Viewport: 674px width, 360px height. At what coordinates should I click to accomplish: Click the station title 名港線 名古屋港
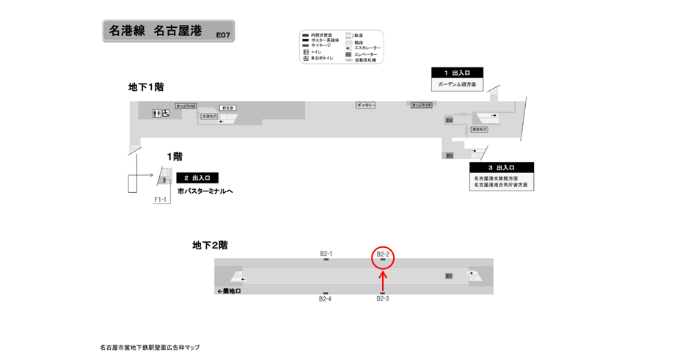pyautogui.click(x=155, y=32)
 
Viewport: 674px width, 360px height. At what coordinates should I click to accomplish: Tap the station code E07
pyautogui.click(x=222, y=34)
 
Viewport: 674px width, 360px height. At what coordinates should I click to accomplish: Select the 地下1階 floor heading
pyautogui.click(x=146, y=87)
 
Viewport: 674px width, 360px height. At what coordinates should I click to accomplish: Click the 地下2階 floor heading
pyautogui.click(x=210, y=245)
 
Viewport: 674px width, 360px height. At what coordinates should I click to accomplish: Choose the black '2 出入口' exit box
pyautogui.click(x=197, y=178)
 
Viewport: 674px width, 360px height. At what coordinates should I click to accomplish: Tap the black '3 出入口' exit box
pyautogui.click(x=501, y=168)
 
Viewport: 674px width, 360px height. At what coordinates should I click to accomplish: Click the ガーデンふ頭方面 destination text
pyautogui.click(x=456, y=85)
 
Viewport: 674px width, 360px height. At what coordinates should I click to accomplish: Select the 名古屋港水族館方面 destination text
pyautogui.click(x=495, y=178)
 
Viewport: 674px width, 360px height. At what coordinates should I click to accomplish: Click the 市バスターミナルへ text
pyautogui.click(x=205, y=191)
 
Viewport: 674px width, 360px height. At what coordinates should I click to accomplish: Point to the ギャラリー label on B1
pyautogui.click(x=365, y=106)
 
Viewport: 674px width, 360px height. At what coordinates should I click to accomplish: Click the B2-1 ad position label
pyautogui.click(x=326, y=253)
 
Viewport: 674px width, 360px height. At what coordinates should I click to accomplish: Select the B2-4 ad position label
pyautogui.click(x=326, y=298)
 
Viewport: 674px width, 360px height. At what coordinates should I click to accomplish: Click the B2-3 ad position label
pyautogui.click(x=383, y=298)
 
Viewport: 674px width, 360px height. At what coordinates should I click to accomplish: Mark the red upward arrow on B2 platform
pyautogui.click(x=383, y=280)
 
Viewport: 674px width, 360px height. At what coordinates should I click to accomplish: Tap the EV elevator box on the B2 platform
pyautogui.click(x=449, y=276)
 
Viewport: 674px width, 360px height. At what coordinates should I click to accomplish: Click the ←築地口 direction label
pyautogui.click(x=229, y=291)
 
